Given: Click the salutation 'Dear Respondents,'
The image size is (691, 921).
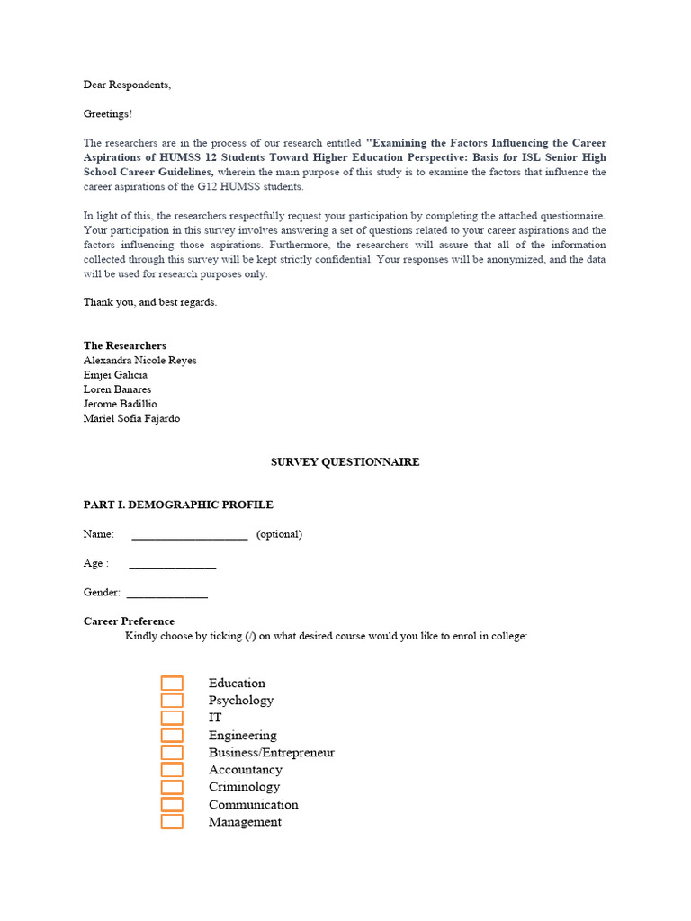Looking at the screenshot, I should pos(127,85).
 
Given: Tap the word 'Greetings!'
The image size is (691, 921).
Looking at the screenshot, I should pos(108,113).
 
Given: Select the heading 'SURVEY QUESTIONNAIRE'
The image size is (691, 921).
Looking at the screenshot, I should pos(345,461).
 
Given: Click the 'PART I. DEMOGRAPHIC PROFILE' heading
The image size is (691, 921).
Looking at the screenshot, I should pos(178,505).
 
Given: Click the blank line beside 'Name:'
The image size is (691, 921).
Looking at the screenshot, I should pos(189,537).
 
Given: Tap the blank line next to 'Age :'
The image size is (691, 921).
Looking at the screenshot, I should pos(172,566).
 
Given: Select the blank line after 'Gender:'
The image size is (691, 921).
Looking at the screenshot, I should pos(166,595).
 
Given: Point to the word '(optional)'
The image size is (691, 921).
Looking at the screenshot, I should pos(279,534).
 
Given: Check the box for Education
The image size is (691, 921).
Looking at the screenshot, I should pos(172,684).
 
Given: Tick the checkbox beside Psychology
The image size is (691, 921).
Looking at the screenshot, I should pos(172,701).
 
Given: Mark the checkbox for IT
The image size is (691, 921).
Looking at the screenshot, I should pos(172,718).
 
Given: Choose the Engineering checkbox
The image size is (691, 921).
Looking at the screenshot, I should pos(172,736).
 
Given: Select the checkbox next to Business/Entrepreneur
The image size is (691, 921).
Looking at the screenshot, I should pos(172,753).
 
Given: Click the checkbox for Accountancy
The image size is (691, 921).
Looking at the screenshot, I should pos(172,770).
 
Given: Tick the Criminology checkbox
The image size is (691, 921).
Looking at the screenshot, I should pos(172,787).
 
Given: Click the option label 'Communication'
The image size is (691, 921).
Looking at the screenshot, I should pos(253,804).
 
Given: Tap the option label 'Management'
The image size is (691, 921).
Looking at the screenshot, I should pos(245,821).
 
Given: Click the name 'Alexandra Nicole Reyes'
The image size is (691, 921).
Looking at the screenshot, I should pos(139,360).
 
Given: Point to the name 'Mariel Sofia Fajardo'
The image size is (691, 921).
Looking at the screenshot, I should pos(131,418).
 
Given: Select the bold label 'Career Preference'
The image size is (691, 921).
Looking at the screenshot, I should pos(129,621).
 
